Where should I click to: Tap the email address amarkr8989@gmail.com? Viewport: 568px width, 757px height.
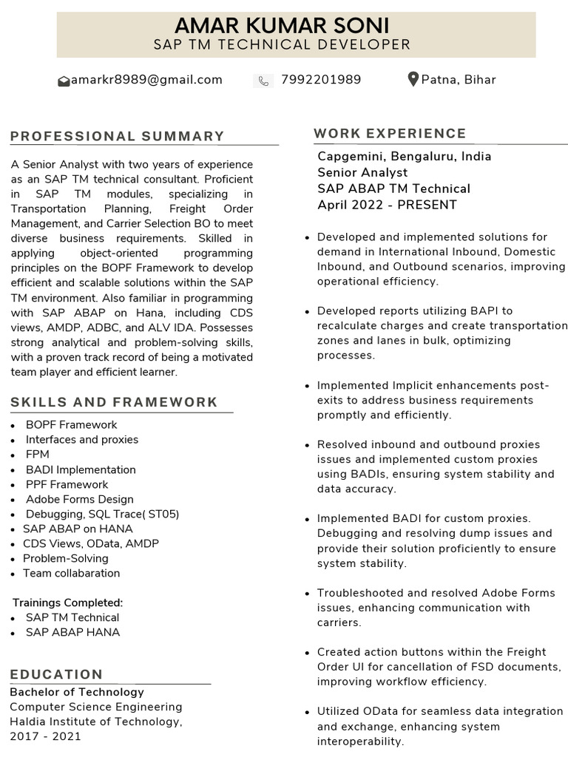point(146,80)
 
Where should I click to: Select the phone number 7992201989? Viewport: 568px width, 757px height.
point(321,80)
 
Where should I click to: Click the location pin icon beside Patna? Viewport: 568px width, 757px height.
point(413,79)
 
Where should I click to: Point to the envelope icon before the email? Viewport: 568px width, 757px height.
point(64,81)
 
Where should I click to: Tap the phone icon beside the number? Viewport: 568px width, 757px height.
point(263,81)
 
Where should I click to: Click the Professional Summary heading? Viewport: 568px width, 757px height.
point(118,136)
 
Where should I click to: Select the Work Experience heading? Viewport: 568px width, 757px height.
point(390,133)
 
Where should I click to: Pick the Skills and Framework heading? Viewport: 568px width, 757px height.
point(114,402)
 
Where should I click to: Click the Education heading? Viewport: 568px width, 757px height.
point(56,674)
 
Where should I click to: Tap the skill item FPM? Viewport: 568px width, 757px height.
point(37,455)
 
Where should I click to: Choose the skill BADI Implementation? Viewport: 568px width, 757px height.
point(81,469)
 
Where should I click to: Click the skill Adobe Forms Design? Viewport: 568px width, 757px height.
point(80,499)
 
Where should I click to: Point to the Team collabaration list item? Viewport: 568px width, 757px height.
point(71,573)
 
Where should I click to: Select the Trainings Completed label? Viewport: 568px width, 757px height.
point(67,602)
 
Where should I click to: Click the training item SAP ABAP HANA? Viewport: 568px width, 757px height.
point(72,632)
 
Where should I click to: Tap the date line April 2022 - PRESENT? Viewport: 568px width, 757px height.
point(387,205)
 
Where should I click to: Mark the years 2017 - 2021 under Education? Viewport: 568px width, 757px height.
point(45,736)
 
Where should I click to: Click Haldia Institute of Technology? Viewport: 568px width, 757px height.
point(95,722)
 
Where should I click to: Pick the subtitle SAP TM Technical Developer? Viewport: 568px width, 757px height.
point(282,45)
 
